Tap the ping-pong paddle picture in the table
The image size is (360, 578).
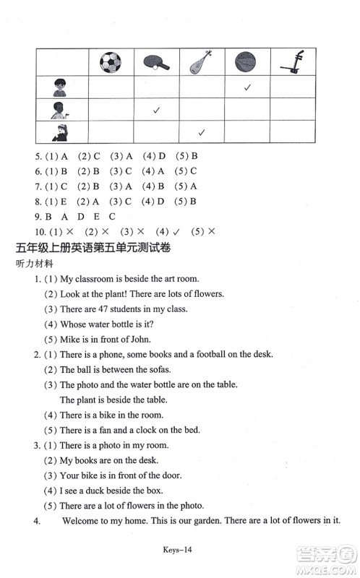(x=155, y=64)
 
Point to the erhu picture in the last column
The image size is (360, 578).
(x=293, y=62)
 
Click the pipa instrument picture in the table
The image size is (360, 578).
(x=201, y=62)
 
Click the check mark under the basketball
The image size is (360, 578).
(x=247, y=87)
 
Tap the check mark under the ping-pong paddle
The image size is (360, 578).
(x=155, y=111)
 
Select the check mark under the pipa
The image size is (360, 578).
(x=202, y=133)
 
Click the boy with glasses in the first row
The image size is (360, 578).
(x=59, y=87)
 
